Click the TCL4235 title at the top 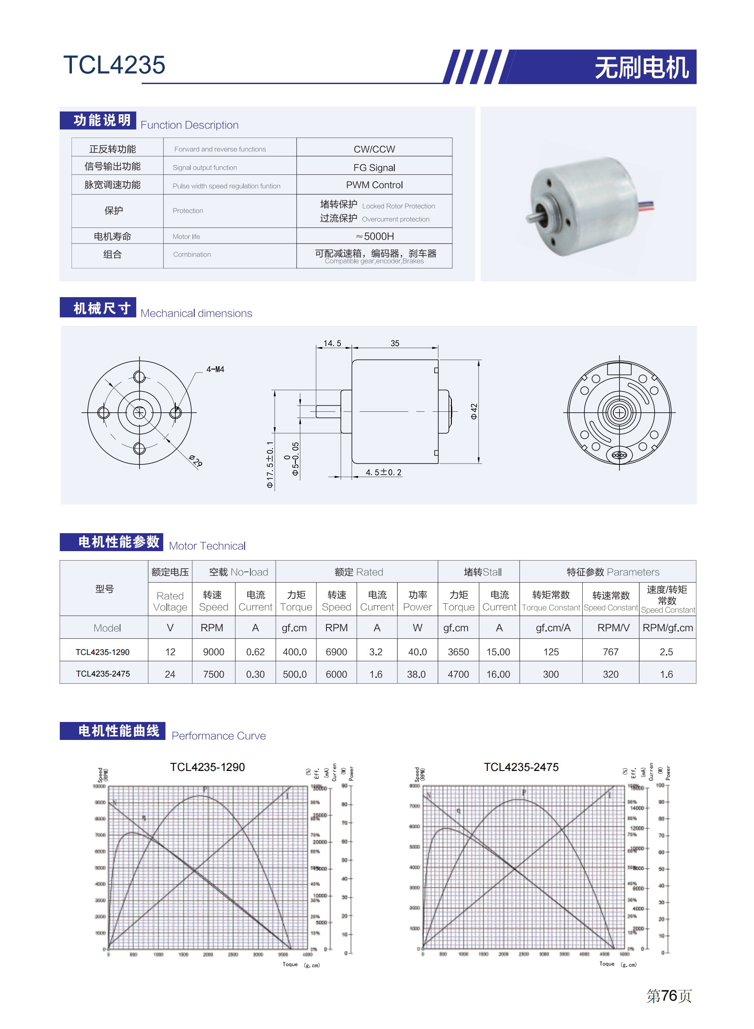point(114,65)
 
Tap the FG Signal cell point(374,168)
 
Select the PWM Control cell point(374,185)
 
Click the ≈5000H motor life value point(374,236)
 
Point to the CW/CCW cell point(374,149)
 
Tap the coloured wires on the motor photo point(645,206)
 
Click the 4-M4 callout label point(215,369)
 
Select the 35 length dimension point(394,343)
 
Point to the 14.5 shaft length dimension point(332,343)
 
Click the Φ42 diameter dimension point(474,411)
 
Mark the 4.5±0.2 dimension point(384,472)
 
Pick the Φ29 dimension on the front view point(195,460)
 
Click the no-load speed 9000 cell point(213,652)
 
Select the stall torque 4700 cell point(458,674)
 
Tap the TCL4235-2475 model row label point(103,673)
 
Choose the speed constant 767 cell point(610,652)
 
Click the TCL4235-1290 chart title point(207,767)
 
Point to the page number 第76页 point(669,996)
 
